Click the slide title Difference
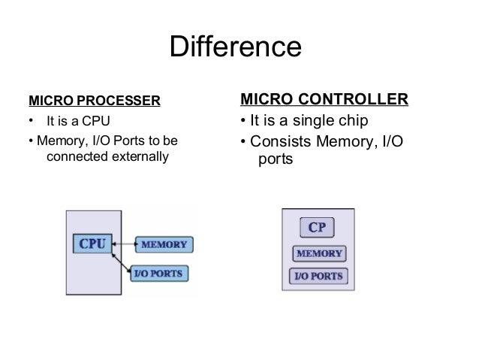click(236, 47)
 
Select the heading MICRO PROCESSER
click(94, 100)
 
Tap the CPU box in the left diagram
click(92, 244)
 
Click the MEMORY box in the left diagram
click(165, 244)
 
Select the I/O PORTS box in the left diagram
click(159, 274)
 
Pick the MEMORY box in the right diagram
click(317, 253)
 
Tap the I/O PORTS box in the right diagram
click(317, 276)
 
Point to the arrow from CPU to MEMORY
click(124, 244)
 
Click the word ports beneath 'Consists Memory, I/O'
click(276, 161)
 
